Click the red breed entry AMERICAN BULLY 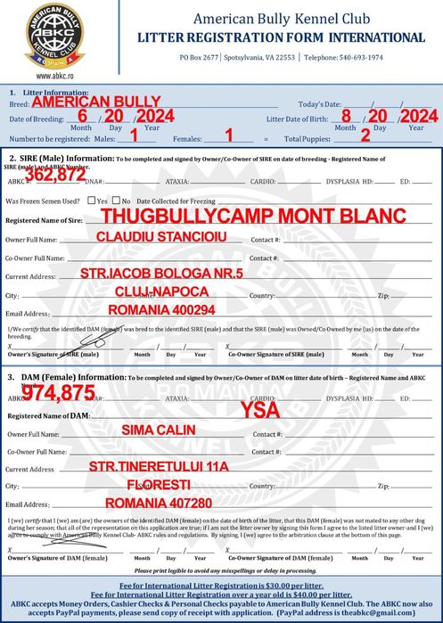(96, 102)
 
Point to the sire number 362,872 (55, 176)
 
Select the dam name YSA (259, 411)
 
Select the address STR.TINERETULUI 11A (159, 467)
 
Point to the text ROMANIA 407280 (158, 504)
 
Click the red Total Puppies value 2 (365, 135)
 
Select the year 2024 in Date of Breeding (159, 116)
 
